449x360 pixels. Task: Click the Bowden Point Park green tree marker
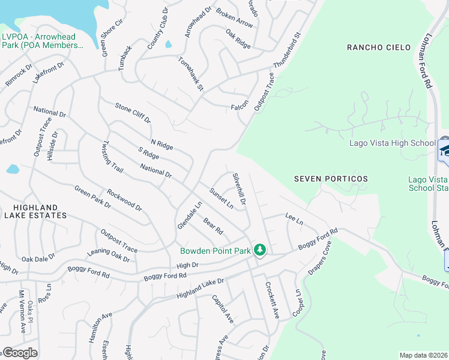point(260,250)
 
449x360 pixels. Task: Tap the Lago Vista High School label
point(392,143)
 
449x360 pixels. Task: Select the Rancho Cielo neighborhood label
point(378,47)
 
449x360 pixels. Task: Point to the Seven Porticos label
point(331,179)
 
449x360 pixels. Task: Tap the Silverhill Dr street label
point(239,190)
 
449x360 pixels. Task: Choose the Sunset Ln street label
point(221,198)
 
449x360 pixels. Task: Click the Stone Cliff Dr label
point(133,113)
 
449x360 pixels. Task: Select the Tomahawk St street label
point(191,74)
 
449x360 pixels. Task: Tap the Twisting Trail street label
point(112,157)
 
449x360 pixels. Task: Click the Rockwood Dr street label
point(124,201)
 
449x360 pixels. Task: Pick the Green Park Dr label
point(92,196)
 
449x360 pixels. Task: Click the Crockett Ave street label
point(273,301)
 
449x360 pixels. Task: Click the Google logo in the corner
point(20,353)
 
